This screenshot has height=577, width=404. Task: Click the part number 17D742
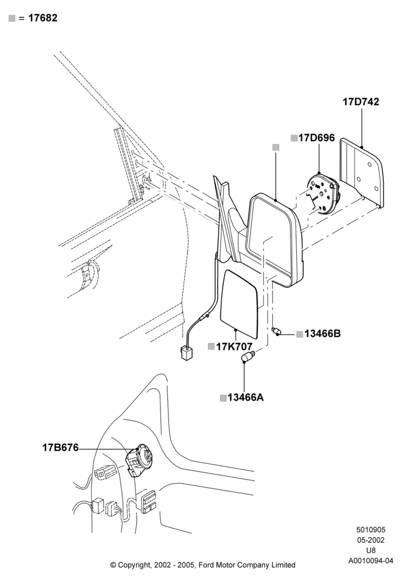point(361,102)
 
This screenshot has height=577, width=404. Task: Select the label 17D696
point(316,138)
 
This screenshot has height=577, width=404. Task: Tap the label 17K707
point(234,347)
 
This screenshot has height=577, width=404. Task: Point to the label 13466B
point(322,334)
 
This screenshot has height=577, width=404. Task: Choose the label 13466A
point(245,398)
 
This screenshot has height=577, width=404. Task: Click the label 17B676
point(61,448)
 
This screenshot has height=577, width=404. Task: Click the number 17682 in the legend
point(43,18)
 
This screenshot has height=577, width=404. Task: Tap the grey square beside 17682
point(12,18)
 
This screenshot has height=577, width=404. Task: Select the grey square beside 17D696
point(294,138)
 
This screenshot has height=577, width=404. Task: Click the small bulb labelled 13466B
point(276,331)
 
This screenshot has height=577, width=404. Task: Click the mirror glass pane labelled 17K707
point(239,304)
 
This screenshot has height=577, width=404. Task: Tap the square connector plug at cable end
point(187,354)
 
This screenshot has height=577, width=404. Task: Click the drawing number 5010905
point(371,530)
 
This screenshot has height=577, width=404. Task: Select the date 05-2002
point(371,540)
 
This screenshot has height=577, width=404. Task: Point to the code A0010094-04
point(371,561)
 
